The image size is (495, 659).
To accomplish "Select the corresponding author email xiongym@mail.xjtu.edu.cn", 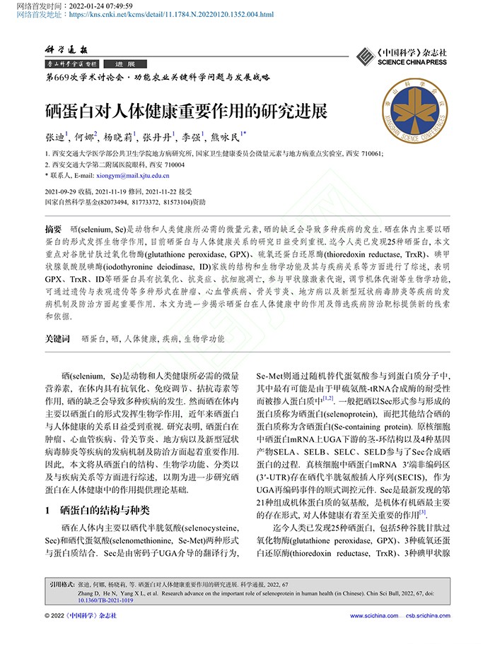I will [x=132, y=175].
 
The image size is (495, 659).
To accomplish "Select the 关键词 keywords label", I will [x=57, y=339].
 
